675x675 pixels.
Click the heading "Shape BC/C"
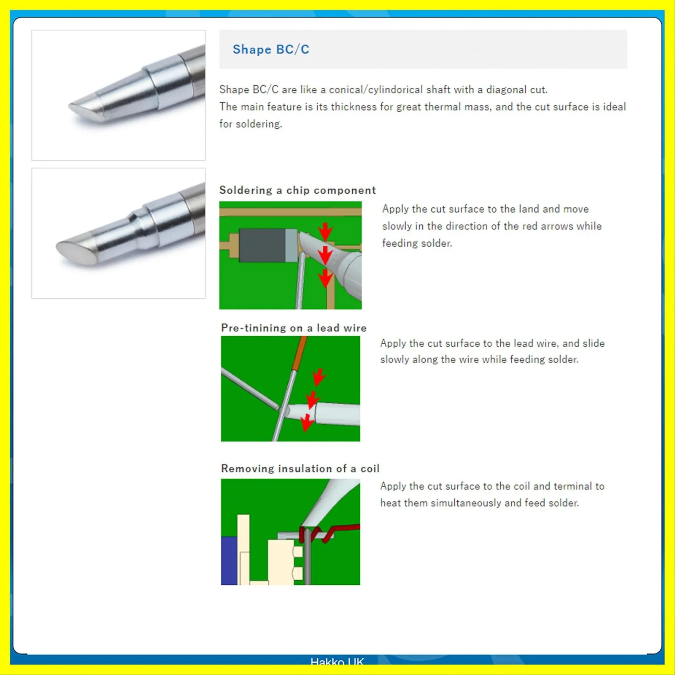[271, 49]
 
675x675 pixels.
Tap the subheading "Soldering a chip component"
[297, 190]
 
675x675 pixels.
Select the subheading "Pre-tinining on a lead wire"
[294, 328]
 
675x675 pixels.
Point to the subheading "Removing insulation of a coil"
[300, 468]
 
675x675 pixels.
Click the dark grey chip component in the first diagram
[262, 245]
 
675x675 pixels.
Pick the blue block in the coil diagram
[229, 560]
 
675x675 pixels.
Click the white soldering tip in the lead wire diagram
[323, 413]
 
